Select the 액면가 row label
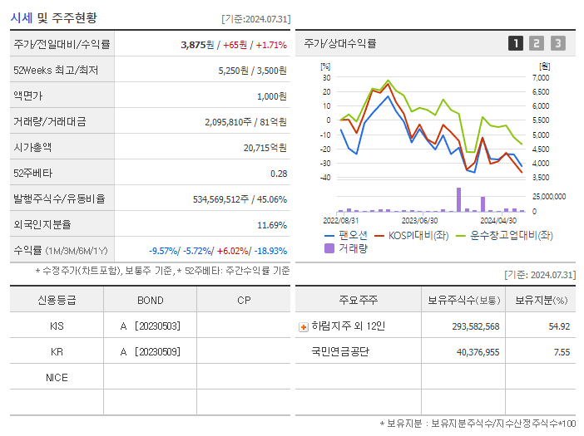[29, 96]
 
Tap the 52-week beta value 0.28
[278, 173]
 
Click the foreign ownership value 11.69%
[272, 224]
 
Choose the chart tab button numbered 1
[516, 44]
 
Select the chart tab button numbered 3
[557, 44]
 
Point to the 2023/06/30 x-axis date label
[419, 220]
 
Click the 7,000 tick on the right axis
[540, 77]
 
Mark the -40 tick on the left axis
[326, 178]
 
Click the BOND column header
[150, 300]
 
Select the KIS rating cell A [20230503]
[150, 326]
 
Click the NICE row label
[57, 378]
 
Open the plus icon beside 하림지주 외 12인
[303, 326]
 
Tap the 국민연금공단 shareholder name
[339, 351]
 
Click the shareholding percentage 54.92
[559, 326]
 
